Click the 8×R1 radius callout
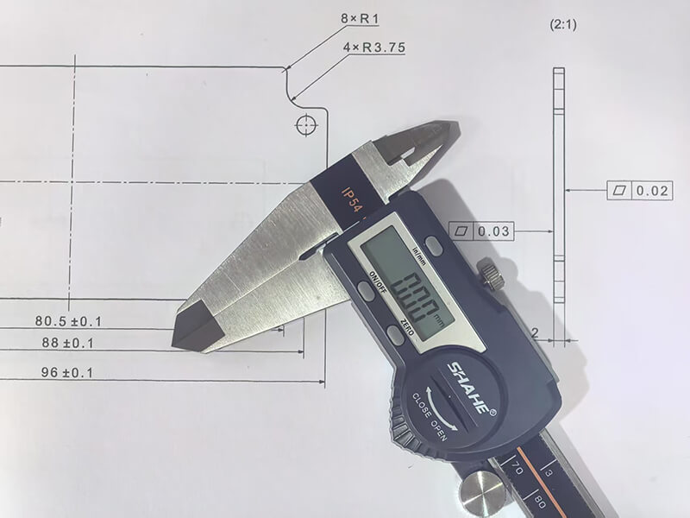click(360, 19)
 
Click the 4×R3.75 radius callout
click(374, 47)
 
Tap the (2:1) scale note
click(563, 25)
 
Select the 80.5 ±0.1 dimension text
click(68, 321)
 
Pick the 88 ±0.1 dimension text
click(68, 343)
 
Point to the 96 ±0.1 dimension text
click(67, 373)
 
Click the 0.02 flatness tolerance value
click(652, 191)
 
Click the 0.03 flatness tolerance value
click(493, 231)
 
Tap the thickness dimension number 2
click(535, 333)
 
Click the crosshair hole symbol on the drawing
click(306, 125)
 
